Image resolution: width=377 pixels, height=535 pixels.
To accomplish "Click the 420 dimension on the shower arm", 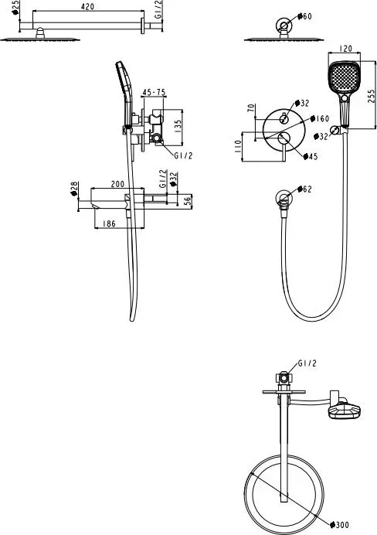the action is tap(87, 6).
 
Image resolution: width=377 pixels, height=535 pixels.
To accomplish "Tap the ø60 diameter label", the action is tap(304, 16).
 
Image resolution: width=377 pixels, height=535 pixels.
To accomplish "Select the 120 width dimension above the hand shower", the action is tap(345, 49).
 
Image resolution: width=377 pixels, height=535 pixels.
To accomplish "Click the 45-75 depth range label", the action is tap(154, 92).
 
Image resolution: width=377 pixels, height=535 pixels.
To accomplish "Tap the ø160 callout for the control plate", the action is tap(320, 118).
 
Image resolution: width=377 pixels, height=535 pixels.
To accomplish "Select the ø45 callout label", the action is tap(311, 156).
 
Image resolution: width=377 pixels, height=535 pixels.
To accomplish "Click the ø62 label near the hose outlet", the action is tap(304, 189).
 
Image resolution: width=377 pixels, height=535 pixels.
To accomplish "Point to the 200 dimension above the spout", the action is tap(117, 184).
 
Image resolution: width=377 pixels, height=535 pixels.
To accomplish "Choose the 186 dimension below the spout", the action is tap(109, 224).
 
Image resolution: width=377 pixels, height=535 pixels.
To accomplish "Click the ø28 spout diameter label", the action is tap(74, 189).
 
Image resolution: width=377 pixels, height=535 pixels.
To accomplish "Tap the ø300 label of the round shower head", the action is tap(340, 524).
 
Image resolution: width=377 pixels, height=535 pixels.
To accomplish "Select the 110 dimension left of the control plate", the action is tap(238, 146).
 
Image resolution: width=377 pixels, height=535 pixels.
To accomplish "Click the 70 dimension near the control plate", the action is tap(251, 108).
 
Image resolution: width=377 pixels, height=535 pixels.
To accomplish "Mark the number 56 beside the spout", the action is tap(188, 201).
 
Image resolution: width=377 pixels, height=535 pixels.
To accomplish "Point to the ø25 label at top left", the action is tap(15, 8).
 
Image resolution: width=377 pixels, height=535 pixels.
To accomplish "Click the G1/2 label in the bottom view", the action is tap(307, 363).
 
